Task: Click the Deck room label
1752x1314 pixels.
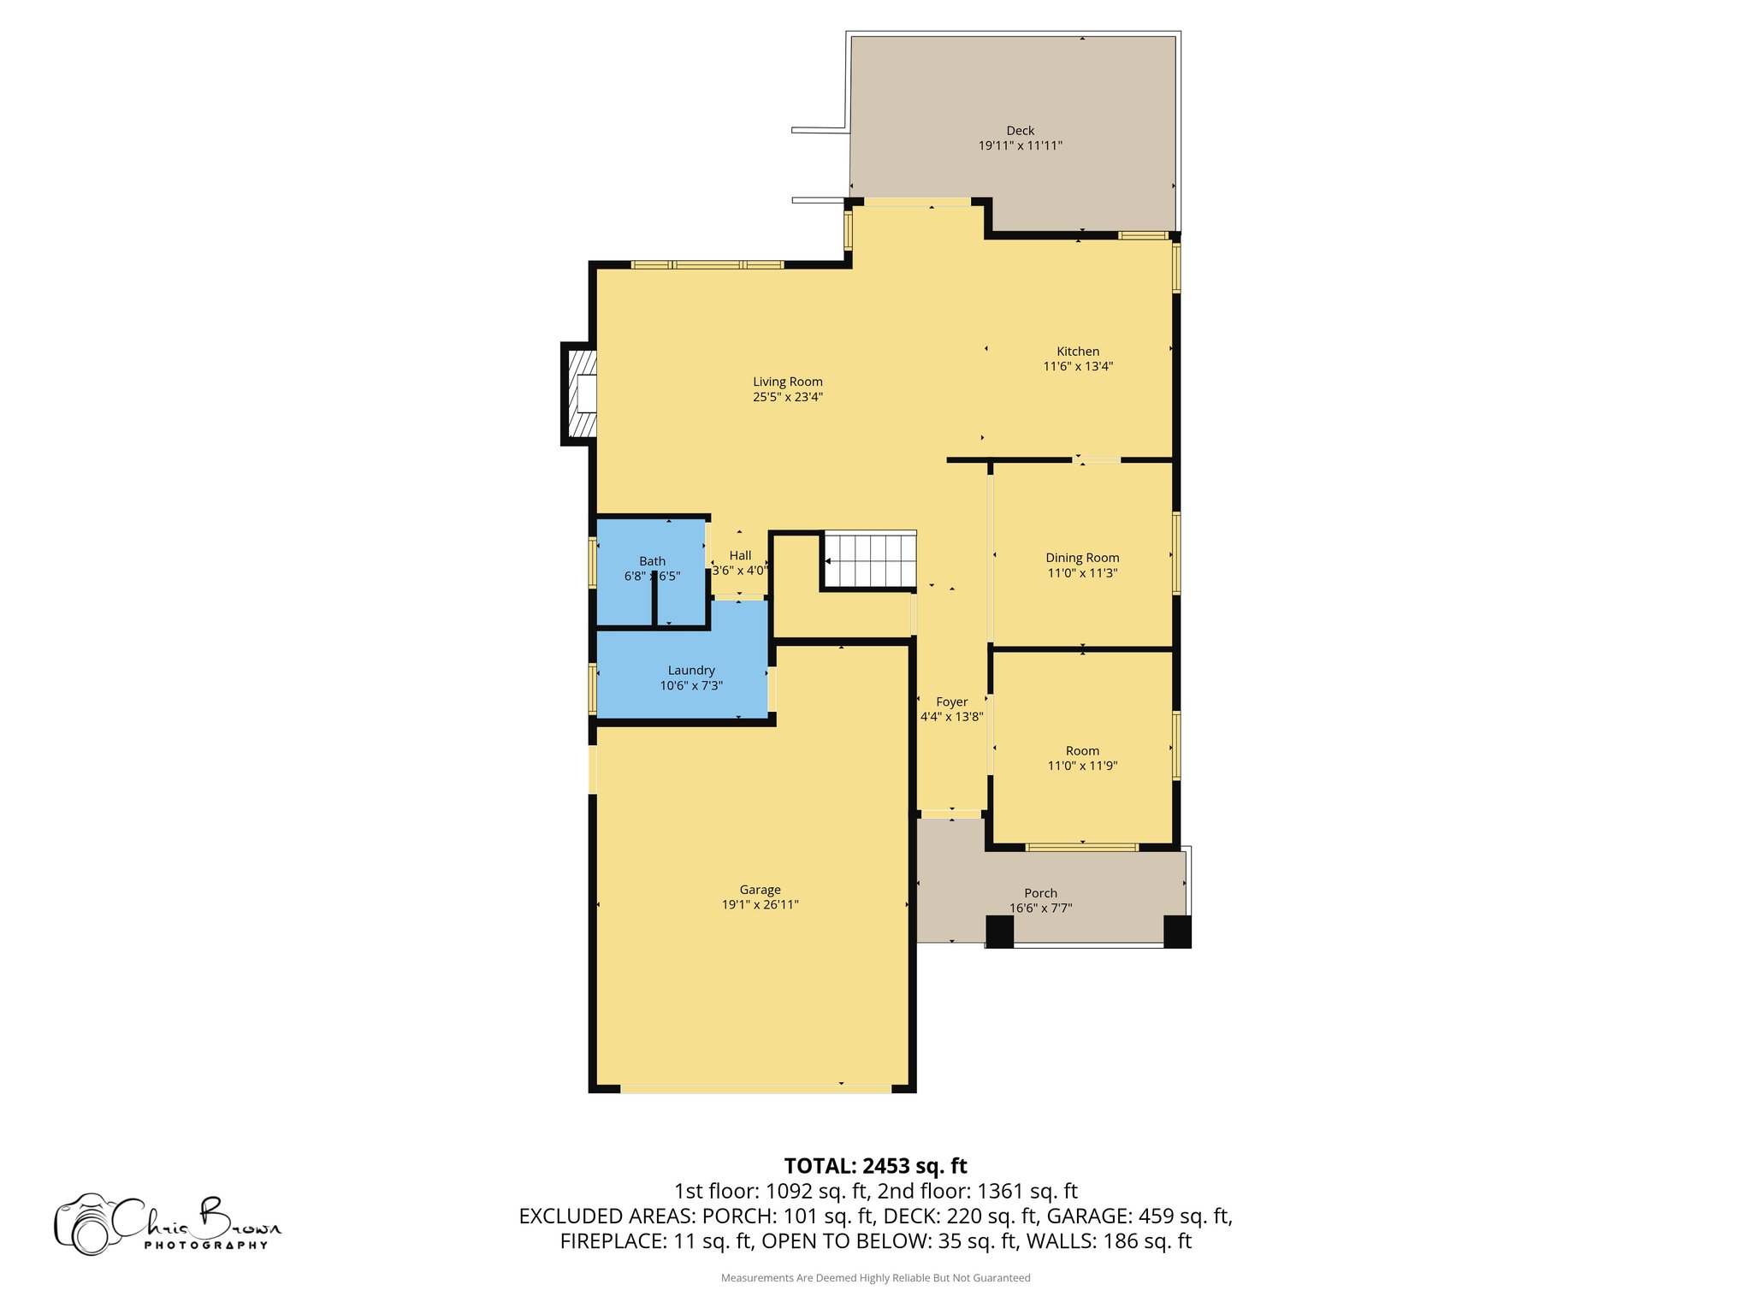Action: pos(1020,131)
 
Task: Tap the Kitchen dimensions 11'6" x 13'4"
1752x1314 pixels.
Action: pos(1077,366)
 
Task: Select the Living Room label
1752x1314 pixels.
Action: pos(787,382)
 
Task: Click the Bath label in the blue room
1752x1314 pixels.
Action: pos(652,561)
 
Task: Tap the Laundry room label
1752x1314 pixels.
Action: pos(691,671)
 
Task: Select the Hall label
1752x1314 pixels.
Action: pos(740,556)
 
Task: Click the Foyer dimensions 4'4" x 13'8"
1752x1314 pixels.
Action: pos(951,717)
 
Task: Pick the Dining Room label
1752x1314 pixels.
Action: pos(1082,558)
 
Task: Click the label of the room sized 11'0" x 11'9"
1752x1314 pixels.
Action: pos(1082,751)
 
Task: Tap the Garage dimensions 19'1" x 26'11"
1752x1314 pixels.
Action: pos(760,905)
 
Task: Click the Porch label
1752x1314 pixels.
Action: pos(1040,893)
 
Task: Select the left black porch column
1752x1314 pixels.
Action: pos(999,932)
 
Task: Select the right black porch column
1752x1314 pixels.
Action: pos(1177,932)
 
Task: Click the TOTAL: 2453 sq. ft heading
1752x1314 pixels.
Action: pos(875,1166)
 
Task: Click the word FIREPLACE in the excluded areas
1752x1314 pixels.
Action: pos(612,1241)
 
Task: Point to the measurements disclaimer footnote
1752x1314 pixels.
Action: pos(875,1278)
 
